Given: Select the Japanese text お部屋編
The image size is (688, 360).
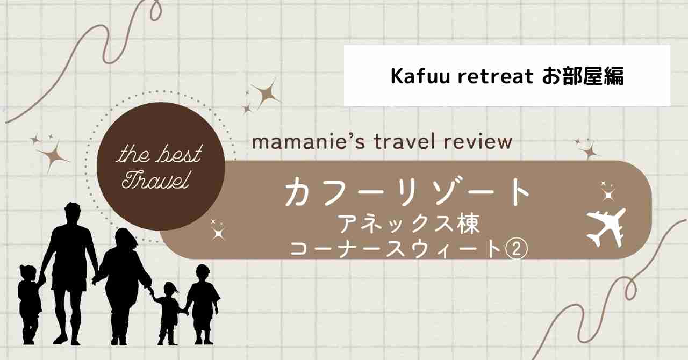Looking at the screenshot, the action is (583, 76).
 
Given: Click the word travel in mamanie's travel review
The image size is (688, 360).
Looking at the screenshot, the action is (403, 142).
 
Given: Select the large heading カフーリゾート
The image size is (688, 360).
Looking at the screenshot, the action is (407, 192).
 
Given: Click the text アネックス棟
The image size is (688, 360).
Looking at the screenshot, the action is (409, 224).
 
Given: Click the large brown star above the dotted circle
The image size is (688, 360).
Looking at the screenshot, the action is (266, 93).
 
